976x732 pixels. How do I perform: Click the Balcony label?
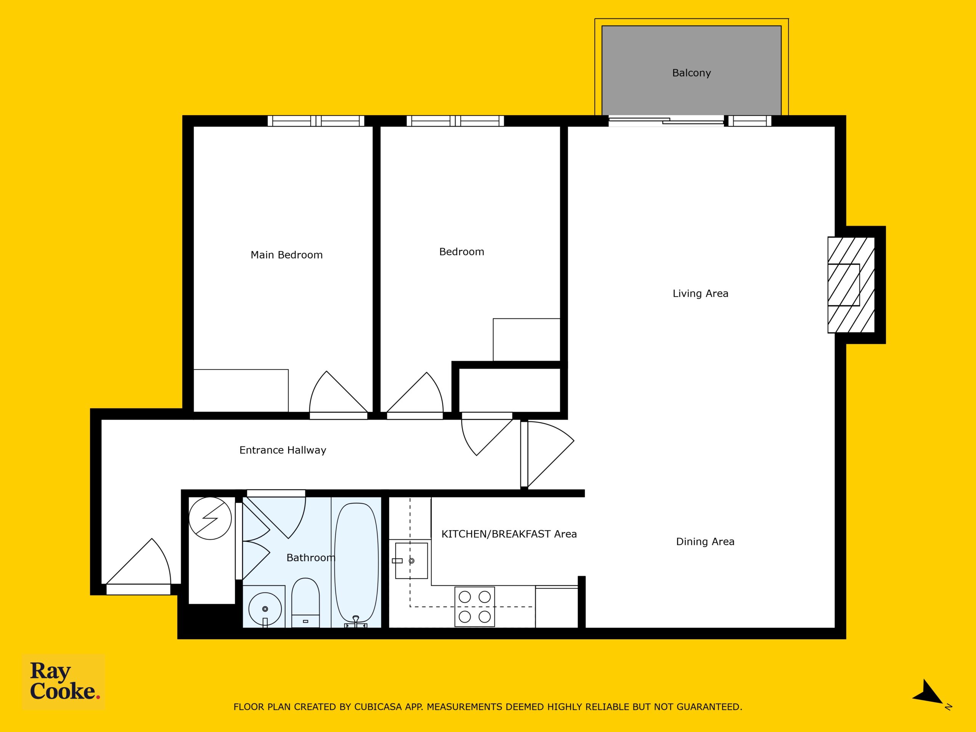pos(692,73)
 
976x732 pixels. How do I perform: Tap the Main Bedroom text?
pos(286,255)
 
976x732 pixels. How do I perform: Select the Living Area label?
pos(700,294)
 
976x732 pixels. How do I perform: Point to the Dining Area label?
pos(705,542)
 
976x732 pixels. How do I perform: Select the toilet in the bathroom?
pos(305,602)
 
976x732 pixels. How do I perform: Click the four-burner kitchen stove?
pos(474,607)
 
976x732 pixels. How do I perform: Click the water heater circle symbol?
pos(210,518)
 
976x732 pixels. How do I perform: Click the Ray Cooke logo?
pos(64,682)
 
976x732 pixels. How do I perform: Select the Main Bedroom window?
pos(316,121)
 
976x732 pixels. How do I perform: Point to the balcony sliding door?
pos(666,121)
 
